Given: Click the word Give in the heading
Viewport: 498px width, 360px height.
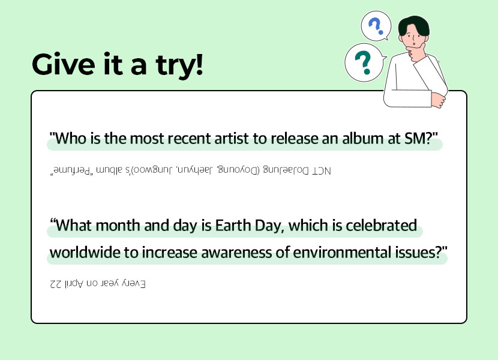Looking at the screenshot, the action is coord(64,65).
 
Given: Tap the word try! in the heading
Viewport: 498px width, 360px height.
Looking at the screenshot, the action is coord(179,66).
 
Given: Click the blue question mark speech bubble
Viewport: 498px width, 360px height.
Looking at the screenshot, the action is coord(376,26).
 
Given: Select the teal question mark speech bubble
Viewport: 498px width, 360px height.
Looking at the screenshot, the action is coord(365,62).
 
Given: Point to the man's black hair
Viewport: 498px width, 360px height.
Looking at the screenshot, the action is coord(413,25).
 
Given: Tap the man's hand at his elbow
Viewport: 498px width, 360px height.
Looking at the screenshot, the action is coord(438,100).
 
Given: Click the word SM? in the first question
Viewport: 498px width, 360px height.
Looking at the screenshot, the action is coord(421,139).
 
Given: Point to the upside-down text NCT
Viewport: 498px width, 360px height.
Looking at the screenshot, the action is coord(321,171).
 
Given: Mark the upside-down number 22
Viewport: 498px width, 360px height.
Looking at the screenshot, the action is coord(56,283).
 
